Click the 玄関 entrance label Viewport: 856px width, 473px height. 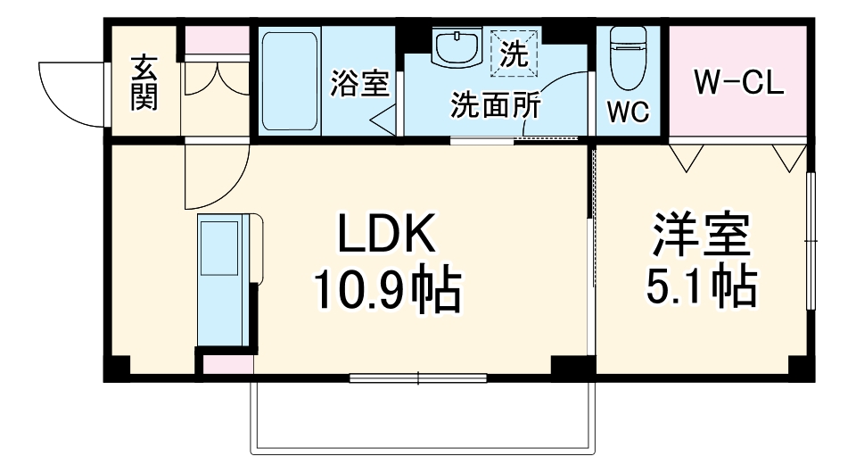pyautogui.click(x=144, y=83)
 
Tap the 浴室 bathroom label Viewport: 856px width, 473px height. pyautogui.click(x=359, y=84)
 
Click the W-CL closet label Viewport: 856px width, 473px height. pyautogui.click(x=739, y=84)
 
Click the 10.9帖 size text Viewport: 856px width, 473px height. pyautogui.click(x=385, y=291)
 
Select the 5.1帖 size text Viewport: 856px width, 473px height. pyautogui.click(x=701, y=286)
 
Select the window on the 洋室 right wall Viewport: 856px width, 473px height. pyautogui.click(x=811, y=241)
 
